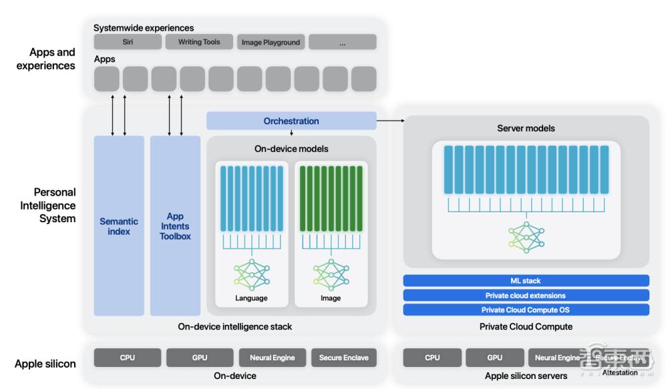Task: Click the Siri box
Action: tap(128, 42)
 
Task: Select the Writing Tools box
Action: tap(199, 42)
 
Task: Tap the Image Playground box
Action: tap(271, 42)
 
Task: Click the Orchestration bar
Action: tap(291, 121)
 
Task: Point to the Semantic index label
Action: tap(119, 226)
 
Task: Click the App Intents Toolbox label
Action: tap(175, 226)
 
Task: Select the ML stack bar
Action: tap(526, 280)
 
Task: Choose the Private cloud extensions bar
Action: tap(526, 295)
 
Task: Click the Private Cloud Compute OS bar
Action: tap(526, 310)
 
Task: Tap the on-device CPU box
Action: tap(128, 358)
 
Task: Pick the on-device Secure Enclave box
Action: tap(343, 358)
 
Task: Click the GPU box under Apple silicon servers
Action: tap(494, 358)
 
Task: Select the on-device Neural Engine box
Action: tap(273, 358)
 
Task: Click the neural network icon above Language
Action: tap(251, 274)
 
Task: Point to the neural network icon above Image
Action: tap(331, 274)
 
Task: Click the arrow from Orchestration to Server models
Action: tap(390, 121)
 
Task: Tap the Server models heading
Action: tap(526, 128)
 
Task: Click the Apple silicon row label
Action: tap(45, 364)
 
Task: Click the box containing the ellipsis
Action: tap(343, 42)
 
